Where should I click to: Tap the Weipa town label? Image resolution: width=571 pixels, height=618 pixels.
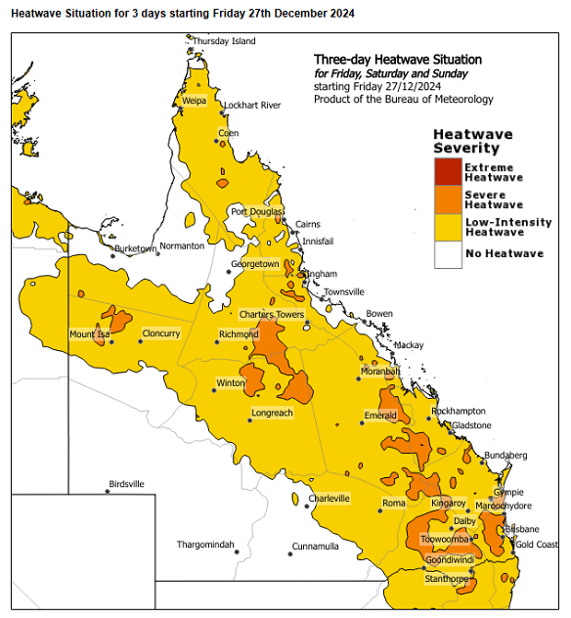click(194, 101)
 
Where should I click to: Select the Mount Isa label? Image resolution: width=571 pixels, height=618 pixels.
click(89, 334)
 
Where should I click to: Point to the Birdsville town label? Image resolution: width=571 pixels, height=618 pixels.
click(126, 484)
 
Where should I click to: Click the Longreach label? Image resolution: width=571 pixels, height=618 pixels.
click(272, 413)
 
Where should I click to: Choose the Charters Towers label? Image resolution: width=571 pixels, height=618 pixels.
click(272, 314)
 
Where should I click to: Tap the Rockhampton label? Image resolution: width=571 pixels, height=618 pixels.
click(459, 412)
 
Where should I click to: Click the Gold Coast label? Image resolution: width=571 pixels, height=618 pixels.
click(537, 544)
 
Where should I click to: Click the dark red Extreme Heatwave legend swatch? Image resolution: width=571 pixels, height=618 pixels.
click(448, 172)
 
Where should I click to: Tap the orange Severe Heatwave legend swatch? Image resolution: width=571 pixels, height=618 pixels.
click(448, 199)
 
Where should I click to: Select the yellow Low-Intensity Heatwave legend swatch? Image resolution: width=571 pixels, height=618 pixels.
click(448, 227)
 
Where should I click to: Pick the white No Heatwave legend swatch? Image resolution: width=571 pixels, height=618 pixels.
click(448, 254)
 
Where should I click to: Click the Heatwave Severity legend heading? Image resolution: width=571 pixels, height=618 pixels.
click(466, 142)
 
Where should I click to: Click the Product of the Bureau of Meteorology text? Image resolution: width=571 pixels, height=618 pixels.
click(403, 99)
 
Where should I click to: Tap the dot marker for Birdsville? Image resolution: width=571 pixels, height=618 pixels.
click(108, 492)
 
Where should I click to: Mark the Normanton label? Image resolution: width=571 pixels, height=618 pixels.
click(182, 245)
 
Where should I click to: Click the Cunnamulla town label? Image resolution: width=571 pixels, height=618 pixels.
click(315, 546)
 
